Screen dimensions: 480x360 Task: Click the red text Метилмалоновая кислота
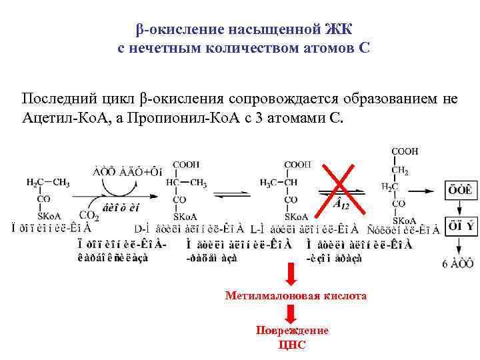(295, 295)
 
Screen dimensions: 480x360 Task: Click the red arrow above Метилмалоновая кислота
(291, 273)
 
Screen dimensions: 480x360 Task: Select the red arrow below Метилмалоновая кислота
(291, 313)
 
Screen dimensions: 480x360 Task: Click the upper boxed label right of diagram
(461, 190)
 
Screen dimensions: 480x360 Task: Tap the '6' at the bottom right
(445, 264)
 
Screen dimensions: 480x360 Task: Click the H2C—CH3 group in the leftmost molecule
(47, 183)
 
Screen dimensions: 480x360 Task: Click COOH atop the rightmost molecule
(405, 152)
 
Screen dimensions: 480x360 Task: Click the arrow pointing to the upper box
(434, 190)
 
